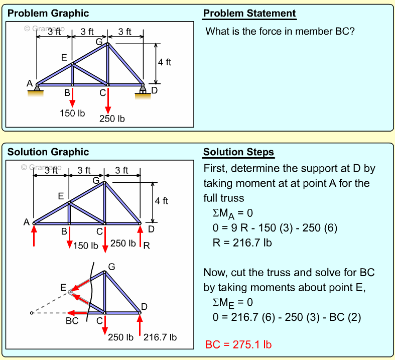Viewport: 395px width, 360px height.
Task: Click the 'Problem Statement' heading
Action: [x=249, y=14]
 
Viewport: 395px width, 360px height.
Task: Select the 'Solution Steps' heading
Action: [x=238, y=152]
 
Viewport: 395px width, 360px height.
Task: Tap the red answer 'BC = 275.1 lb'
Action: [x=238, y=345]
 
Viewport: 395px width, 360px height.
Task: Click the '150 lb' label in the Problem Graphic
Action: [x=72, y=113]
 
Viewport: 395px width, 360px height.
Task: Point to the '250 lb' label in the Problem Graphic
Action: [x=112, y=118]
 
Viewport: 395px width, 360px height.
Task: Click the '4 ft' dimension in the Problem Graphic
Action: [x=164, y=62]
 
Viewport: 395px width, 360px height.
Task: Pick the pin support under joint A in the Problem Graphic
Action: [x=36, y=90]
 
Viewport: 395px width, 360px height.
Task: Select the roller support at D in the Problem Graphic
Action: [x=143, y=90]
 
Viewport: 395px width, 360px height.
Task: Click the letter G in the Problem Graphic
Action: [x=99, y=42]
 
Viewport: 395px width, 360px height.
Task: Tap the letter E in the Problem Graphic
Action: [x=64, y=57]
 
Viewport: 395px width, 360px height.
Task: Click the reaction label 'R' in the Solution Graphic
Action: [x=147, y=246]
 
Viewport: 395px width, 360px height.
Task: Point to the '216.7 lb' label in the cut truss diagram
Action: [x=160, y=337]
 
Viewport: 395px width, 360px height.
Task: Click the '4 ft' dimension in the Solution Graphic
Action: [x=161, y=201]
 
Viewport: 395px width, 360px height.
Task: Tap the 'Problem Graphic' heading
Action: [x=48, y=14]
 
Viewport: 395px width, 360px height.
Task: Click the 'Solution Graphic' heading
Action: [x=48, y=152]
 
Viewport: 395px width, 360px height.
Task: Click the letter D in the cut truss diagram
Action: [x=144, y=307]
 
